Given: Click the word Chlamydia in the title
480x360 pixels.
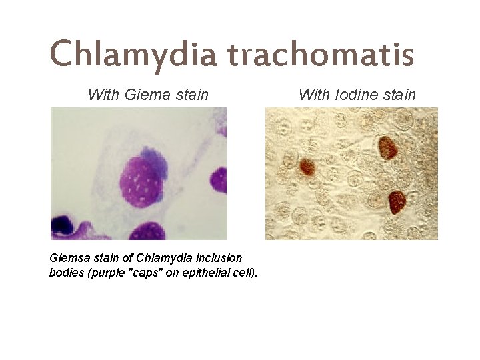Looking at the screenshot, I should (x=133, y=54).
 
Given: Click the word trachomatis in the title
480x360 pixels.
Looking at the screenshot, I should (x=321, y=54).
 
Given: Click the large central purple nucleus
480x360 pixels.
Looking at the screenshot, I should (x=141, y=182).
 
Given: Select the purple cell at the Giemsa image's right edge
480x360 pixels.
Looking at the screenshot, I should (x=219, y=178).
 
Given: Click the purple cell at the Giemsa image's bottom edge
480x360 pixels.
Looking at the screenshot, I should (x=147, y=231).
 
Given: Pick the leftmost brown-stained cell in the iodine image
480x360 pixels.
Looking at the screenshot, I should (x=307, y=166).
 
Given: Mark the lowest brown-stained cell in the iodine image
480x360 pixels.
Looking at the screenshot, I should (x=397, y=201).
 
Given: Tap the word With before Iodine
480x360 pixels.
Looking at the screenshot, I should (x=313, y=95).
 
